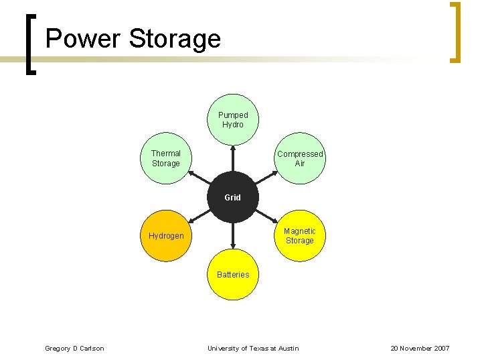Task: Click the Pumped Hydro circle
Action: click(x=232, y=119)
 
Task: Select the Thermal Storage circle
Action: click(x=166, y=159)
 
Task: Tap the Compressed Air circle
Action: click(x=299, y=159)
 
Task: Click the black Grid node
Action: click(x=232, y=197)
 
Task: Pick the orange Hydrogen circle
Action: click(x=166, y=236)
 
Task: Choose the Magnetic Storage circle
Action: click(x=299, y=236)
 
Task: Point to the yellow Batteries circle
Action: click(x=232, y=275)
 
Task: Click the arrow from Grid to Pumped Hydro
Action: click(x=232, y=158)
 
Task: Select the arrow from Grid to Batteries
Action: click(x=232, y=236)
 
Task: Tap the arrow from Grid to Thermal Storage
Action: click(x=200, y=178)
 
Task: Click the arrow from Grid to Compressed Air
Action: click(x=265, y=178)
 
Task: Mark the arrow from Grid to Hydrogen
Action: click(x=200, y=216)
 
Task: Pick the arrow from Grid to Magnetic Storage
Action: click(x=265, y=216)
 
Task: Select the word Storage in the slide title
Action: click(x=175, y=38)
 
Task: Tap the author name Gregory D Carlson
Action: click(x=74, y=349)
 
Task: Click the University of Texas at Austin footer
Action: click(x=253, y=349)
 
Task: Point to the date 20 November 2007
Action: click(x=420, y=349)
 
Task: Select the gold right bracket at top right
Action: click(x=456, y=33)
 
